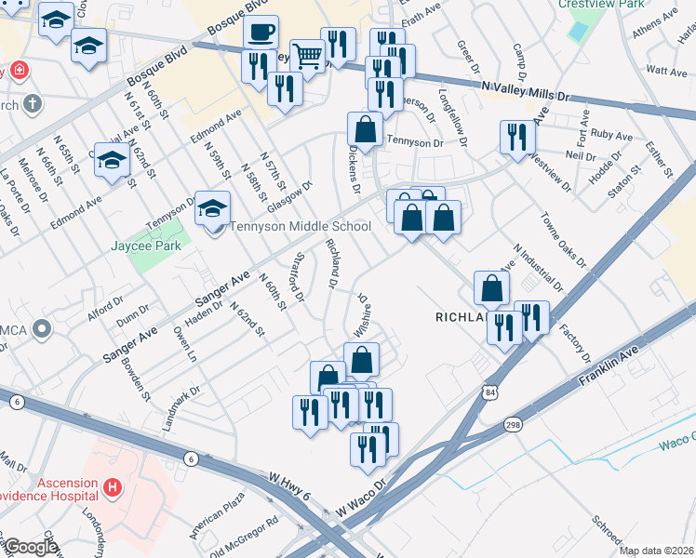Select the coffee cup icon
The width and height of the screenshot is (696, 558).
pos(261,33)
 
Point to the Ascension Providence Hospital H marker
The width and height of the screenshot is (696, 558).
pos(113,485)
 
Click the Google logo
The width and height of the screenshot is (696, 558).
pos(31,547)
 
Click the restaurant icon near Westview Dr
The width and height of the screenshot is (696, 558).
pos(514,137)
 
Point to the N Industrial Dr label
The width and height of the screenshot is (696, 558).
pos(537,267)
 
